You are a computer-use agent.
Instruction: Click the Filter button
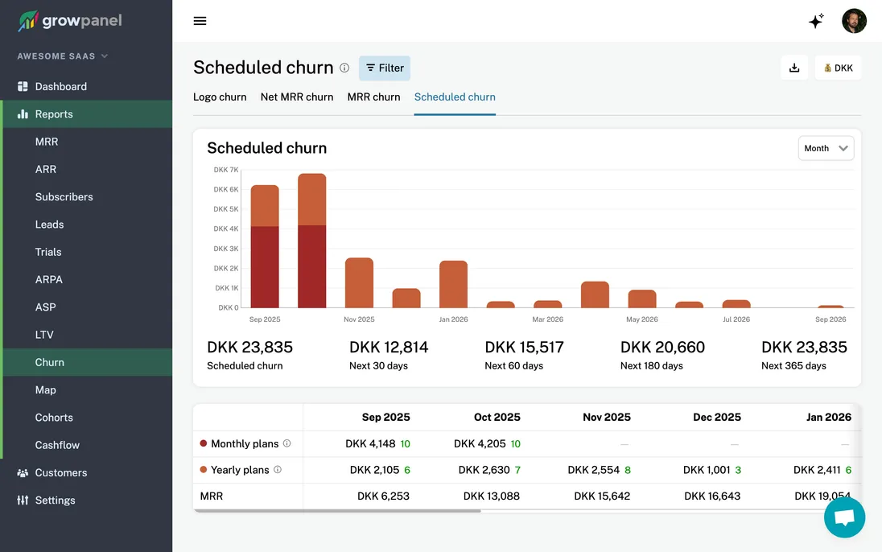[385, 68]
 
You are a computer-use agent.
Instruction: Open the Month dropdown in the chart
[826, 148]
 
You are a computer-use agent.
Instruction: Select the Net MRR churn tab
[296, 97]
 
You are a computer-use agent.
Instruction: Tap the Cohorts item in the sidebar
[54, 418]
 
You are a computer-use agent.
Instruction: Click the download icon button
[794, 68]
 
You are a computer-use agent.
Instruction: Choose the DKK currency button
[838, 68]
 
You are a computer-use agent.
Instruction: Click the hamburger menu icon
[200, 21]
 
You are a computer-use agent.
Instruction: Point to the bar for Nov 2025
[359, 282]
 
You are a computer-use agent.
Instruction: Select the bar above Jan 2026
[453, 284]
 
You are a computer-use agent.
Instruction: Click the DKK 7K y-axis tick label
[226, 170]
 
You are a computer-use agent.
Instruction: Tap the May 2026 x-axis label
[642, 319]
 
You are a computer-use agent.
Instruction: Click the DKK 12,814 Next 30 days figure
[389, 348]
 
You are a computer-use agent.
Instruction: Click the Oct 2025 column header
[497, 417]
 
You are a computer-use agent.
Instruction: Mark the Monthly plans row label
[245, 443]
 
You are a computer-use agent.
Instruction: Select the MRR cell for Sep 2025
[383, 496]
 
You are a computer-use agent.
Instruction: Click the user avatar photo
[854, 21]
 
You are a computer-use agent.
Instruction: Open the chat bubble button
[844, 517]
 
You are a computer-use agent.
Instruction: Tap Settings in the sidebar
[55, 501]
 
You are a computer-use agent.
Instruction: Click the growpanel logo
[70, 21]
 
